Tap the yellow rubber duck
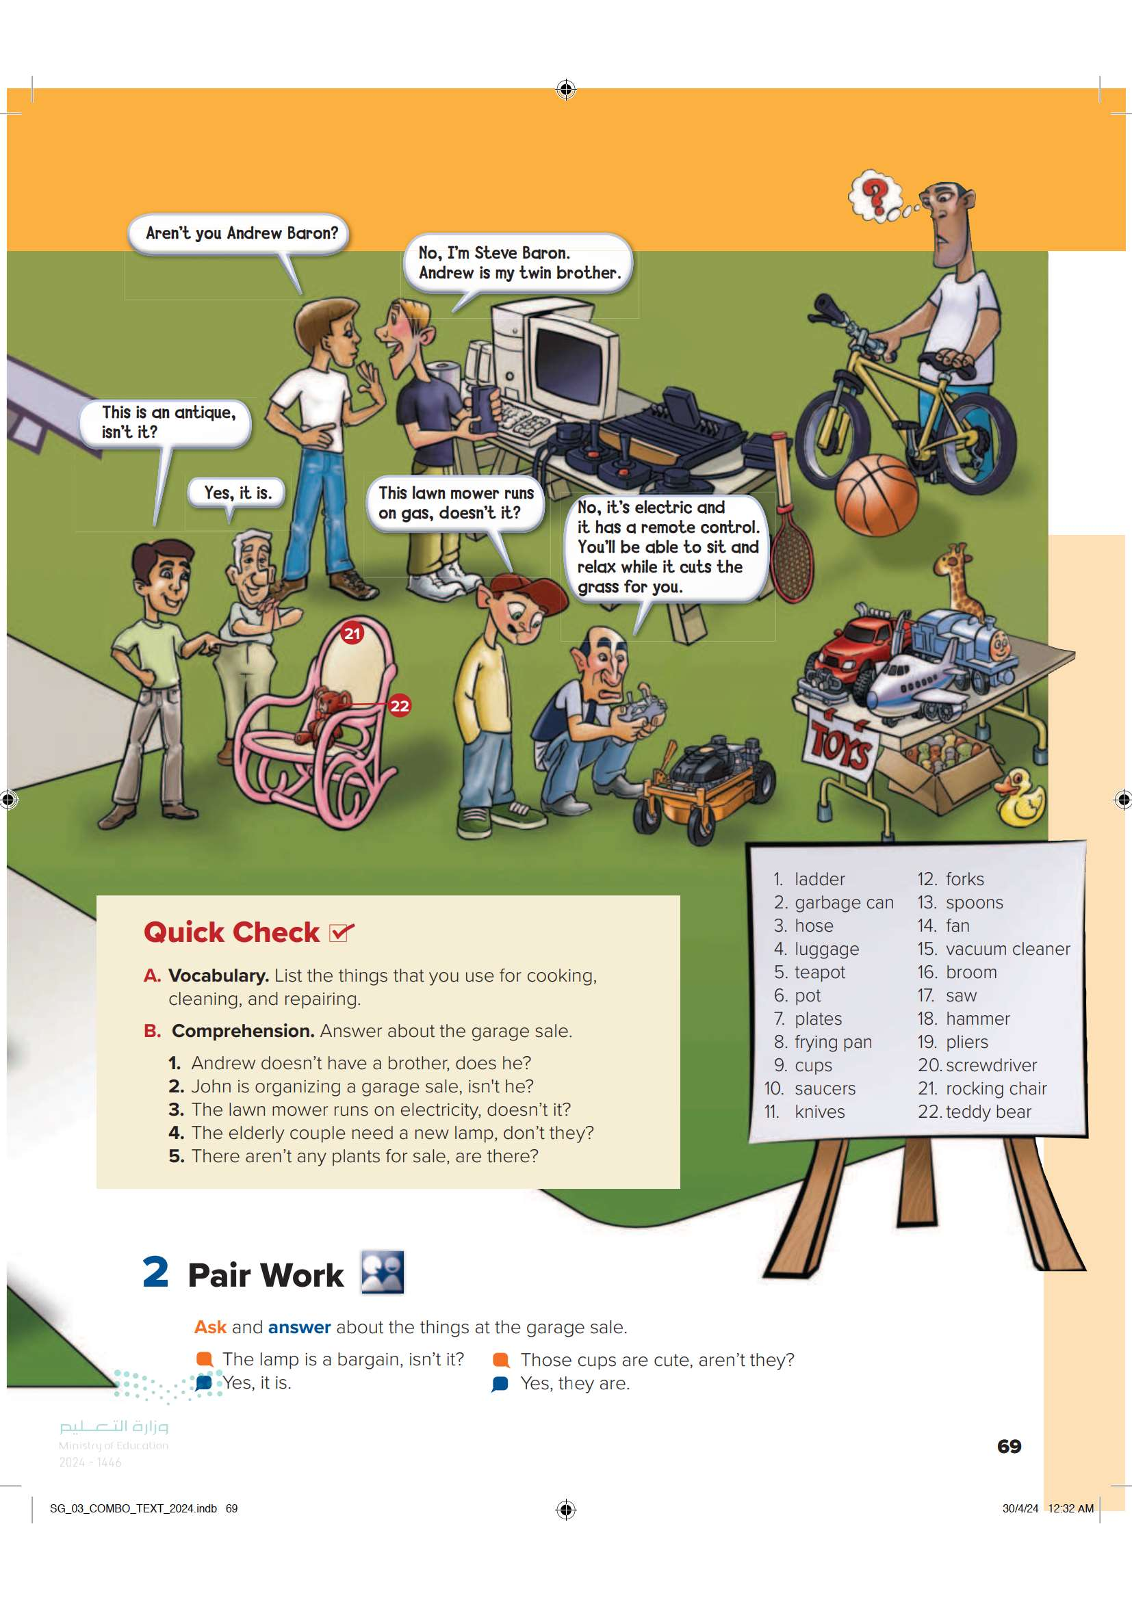pyautogui.click(x=1020, y=798)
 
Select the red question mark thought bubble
pyautogui.click(x=876, y=196)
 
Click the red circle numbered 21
pyautogui.click(x=352, y=633)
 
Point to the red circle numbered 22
pyautogui.click(x=400, y=706)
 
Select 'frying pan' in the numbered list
pyautogui.click(x=833, y=1042)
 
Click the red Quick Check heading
pyautogui.click(x=231, y=932)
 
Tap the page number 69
pyautogui.click(x=1009, y=1447)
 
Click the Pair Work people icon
pyautogui.click(x=382, y=1272)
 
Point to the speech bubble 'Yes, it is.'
pyautogui.click(x=237, y=493)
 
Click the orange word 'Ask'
pyautogui.click(x=210, y=1327)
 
